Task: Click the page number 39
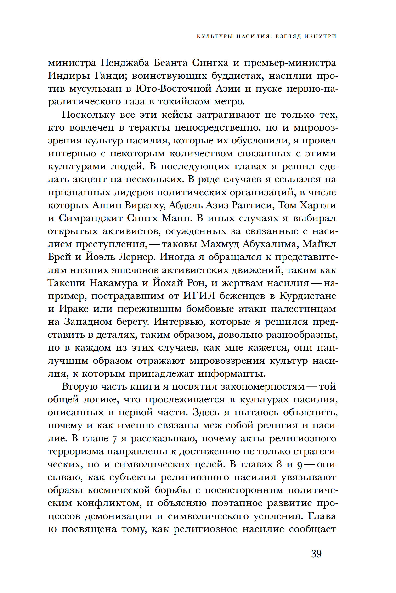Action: (x=316, y=554)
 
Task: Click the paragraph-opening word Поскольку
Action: (x=88, y=115)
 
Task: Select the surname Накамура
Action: (x=114, y=283)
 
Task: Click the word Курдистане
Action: (x=307, y=296)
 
